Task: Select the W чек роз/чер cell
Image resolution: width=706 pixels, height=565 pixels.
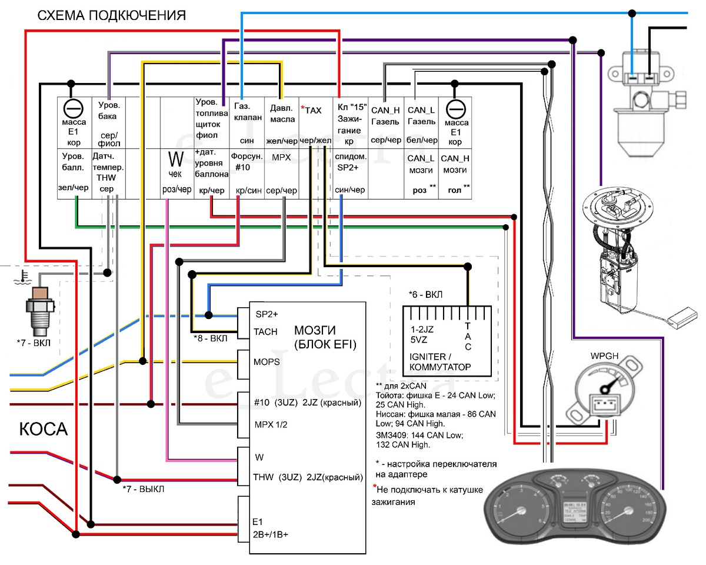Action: (x=176, y=174)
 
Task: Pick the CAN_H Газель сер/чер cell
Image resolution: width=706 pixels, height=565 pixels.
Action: (x=386, y=124)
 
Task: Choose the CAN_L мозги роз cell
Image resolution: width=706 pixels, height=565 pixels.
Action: (x=421, y=174)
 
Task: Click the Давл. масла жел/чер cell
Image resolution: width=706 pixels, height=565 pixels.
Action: (x=282, y=124)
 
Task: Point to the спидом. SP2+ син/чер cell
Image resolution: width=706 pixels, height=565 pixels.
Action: (x=351, y=174)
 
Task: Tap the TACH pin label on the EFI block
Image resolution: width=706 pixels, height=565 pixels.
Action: (x=265, y=332)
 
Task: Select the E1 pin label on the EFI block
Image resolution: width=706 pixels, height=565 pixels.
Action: (x=257, y=521)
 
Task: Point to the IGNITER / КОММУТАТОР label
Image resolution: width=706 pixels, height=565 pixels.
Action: (x=440, y=362)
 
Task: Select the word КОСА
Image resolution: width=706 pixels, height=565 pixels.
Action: (x=44, y=430)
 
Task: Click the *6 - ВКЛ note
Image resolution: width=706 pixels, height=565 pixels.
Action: (x=425, y=294)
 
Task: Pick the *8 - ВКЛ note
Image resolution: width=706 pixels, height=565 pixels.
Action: (x=211, y=339)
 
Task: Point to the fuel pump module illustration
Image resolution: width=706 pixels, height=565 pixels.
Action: (x=624, y=253)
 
